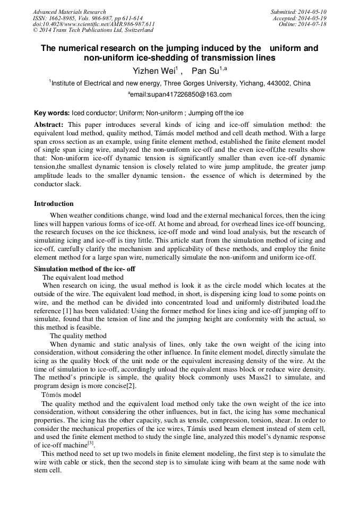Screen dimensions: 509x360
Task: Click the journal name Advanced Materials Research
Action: pos(69,12)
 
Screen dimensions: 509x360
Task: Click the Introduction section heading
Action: pos(54,204)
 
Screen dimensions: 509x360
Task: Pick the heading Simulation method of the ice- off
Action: pos(84,269)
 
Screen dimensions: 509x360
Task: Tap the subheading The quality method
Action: pos(78,335)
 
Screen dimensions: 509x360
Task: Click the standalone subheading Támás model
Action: pos(61,395)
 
